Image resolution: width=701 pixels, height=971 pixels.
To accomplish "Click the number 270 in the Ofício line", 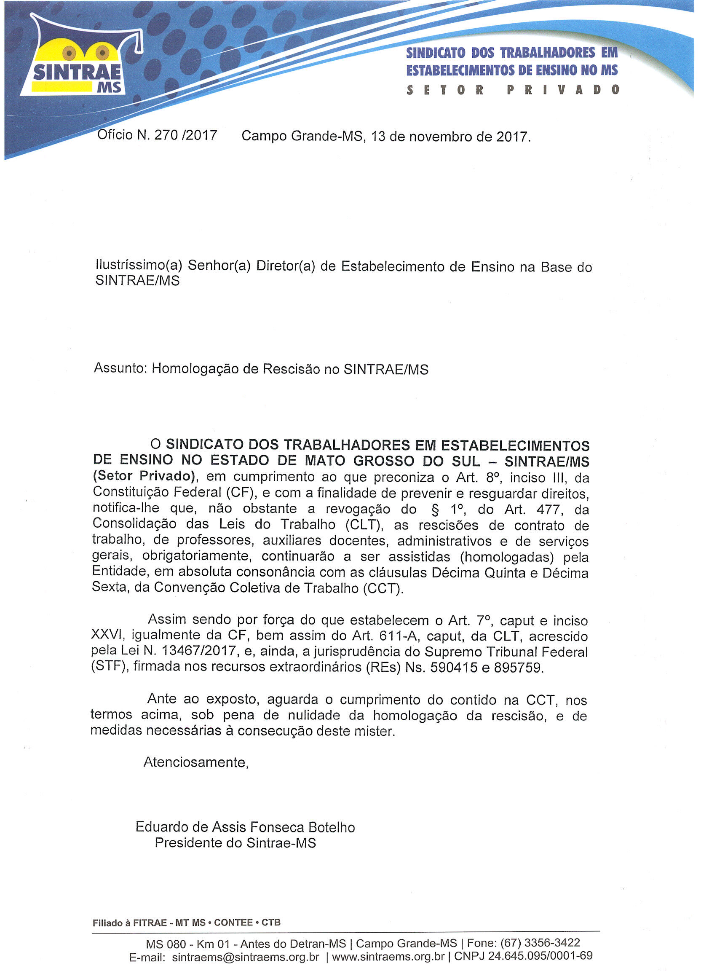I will (x=166, y=135).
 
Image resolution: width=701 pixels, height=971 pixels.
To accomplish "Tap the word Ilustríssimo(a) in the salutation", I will (x=139, y=266).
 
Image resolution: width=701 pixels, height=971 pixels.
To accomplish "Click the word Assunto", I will (x=120, y=368).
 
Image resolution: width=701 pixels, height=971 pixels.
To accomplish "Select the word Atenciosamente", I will (x=196, y=762).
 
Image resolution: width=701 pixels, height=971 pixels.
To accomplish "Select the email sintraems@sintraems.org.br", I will (x=246, y=957).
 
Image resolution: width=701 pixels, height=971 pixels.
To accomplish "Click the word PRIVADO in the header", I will (x=563, y=90).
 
